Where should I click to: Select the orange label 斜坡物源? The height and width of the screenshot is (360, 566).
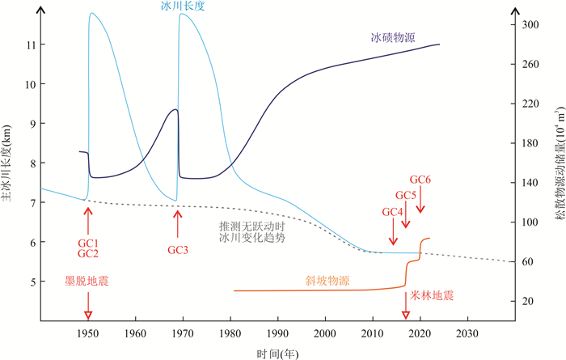(x=327, y=281)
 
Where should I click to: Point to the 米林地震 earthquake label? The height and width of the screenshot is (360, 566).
(x=432, y=295)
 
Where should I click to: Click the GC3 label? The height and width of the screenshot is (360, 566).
(x=178, y=250)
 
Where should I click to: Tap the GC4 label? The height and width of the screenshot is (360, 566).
(x=392, y=211)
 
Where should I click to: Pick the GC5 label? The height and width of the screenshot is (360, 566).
(x=406, y=195)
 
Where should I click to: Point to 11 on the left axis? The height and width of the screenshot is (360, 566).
(x=30, y=44)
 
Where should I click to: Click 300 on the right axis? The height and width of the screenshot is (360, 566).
(x=530, y=25)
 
